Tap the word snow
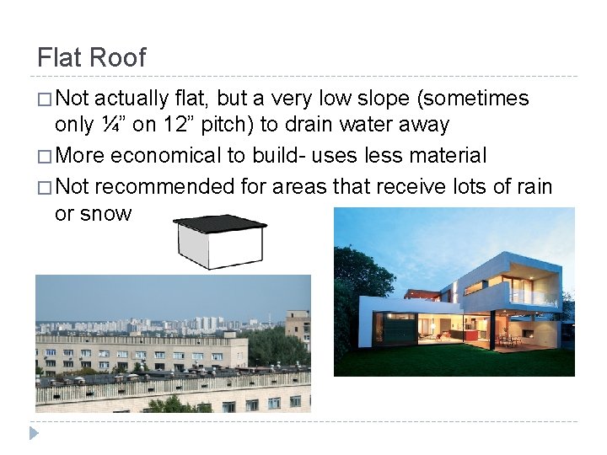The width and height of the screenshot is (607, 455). click(x=106, y=213)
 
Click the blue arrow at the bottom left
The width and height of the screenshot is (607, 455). click(x=34, y=433)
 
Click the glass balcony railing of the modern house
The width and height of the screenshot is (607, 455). click(x=531, y=296)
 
